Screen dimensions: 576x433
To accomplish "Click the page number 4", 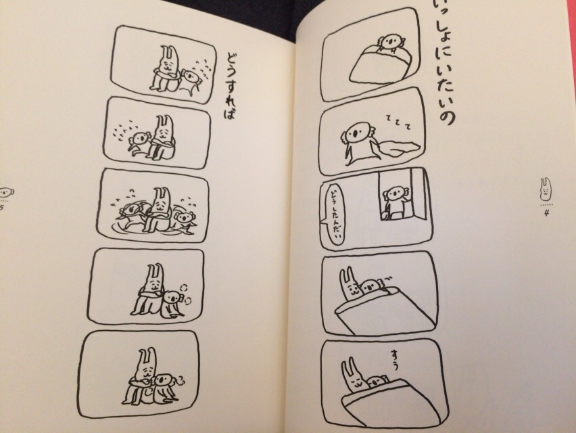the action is click(x=546, y=212).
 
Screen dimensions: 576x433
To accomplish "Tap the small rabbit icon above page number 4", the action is click(x=546, y=188).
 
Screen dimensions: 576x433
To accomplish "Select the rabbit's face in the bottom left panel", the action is click(x=146, y=371).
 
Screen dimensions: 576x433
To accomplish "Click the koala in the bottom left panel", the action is click(x=164, y=387).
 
